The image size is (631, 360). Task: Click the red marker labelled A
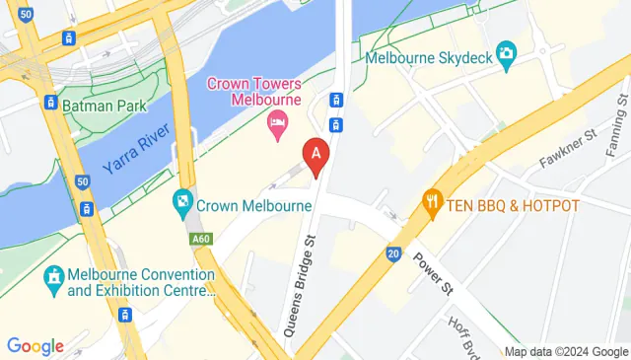click(315, 157)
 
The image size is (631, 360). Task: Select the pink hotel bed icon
click(278, 125)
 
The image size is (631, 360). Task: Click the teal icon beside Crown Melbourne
click(181, 206)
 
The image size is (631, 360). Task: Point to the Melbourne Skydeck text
click(428, 57)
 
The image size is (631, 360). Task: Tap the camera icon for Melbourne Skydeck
click(507, 53)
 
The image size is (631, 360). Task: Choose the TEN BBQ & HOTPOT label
click(515, 205)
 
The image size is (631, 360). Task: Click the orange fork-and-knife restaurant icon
click(432, 205)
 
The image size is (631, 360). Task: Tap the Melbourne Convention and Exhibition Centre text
click(139, 282)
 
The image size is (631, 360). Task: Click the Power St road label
click(434, 273)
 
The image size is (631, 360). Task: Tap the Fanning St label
click(614, 124)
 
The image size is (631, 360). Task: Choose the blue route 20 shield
click(392, 253)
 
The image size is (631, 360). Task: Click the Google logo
click(35, 345)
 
